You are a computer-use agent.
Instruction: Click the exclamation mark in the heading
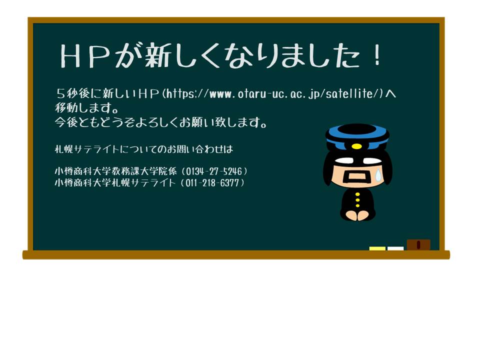378,55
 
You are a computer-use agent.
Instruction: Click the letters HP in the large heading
85,55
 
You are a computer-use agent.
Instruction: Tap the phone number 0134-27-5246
213,171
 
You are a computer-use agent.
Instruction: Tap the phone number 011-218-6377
212,183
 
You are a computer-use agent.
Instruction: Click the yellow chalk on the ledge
377,248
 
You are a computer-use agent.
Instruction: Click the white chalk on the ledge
395,248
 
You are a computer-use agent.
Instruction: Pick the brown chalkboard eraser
418,245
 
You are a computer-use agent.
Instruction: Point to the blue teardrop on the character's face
378,175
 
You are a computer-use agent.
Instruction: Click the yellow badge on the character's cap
356,146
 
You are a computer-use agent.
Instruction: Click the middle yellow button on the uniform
357,200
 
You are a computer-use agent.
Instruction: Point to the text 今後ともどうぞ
94,122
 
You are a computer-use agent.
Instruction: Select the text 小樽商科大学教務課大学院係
115,171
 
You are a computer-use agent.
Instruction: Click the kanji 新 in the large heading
158,55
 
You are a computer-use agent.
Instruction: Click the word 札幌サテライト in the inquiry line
87,149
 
